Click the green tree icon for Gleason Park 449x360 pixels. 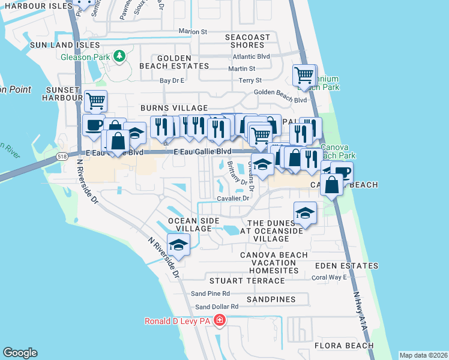tap(119, 56)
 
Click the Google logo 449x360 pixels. tap(20, 353)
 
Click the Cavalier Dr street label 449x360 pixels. tap(234, 198)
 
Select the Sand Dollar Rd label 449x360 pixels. tap(212, 307)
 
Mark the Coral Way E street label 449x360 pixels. tap(329, 277)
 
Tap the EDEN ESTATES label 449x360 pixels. tap(349, 266)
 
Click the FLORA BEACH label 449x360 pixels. tap(343, 346)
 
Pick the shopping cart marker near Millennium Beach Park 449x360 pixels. tap(304, 75)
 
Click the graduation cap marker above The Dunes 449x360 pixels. tap(305, 212)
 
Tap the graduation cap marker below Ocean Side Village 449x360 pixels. tap(178, 244)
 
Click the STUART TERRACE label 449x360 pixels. tap(247, 281)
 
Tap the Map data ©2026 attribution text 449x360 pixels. tap(424, 355)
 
